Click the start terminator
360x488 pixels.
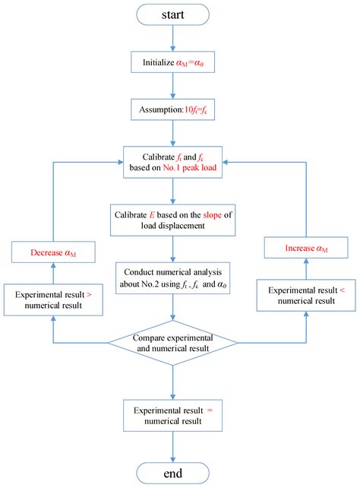(175, 15)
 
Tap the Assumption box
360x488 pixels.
(175, 110)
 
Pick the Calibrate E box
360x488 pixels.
(175, 217)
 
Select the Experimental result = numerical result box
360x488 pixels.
(175, 414)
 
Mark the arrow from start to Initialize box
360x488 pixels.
(175, 40)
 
